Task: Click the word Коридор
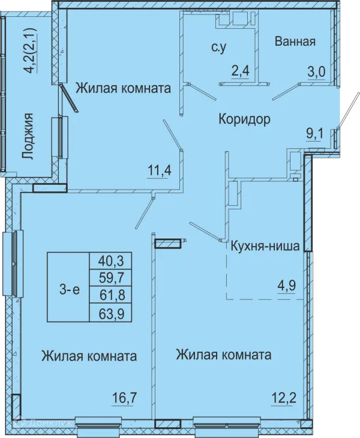(244, 119)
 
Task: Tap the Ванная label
(295, 41)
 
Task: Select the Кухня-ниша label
(265, 246)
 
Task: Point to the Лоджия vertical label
(28, 136)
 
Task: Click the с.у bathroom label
(218, 48)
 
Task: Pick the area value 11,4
(160, 170)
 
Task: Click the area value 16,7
(125, 397)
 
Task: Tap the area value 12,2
(284, 397)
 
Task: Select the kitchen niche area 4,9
(287, 286)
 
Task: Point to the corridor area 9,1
(315, 134)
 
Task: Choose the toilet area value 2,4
(240, 71)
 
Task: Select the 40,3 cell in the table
(110, 261)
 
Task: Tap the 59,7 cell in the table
(110, 278)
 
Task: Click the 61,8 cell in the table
(110, 295)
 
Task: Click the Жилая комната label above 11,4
(124, 88)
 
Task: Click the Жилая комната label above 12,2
(224, 355)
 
